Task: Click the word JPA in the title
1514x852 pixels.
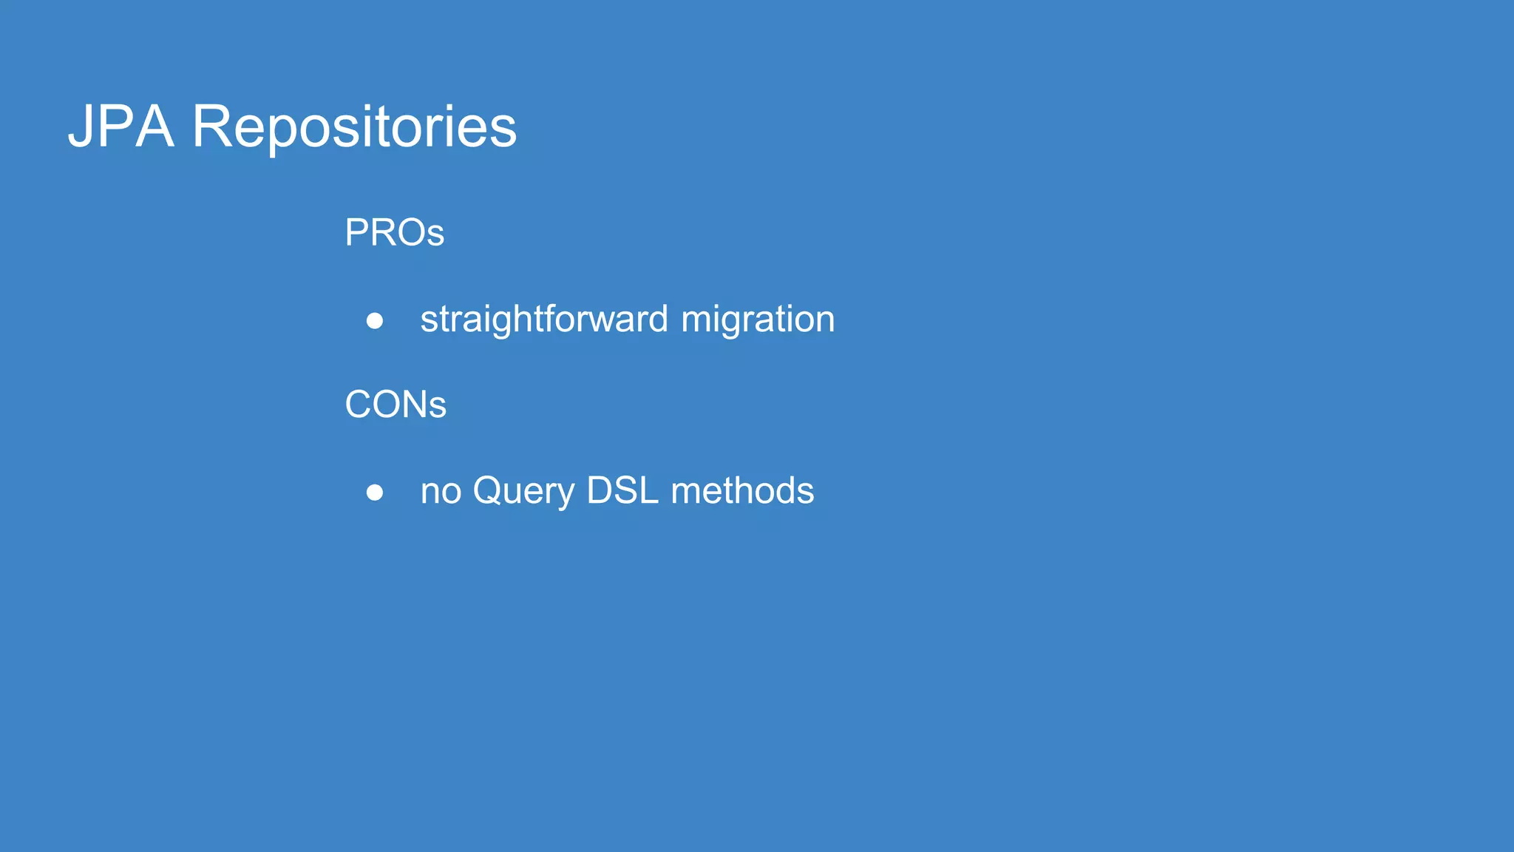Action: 121,126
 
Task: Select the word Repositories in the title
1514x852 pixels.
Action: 354,128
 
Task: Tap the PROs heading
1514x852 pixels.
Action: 394,233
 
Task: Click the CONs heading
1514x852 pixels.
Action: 396,405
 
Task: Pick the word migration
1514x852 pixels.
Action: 758,320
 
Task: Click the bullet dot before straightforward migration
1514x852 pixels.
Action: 375,321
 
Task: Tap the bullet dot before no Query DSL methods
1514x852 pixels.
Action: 375,493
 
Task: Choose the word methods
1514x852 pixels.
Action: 742,490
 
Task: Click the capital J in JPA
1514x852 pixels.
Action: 80,127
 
